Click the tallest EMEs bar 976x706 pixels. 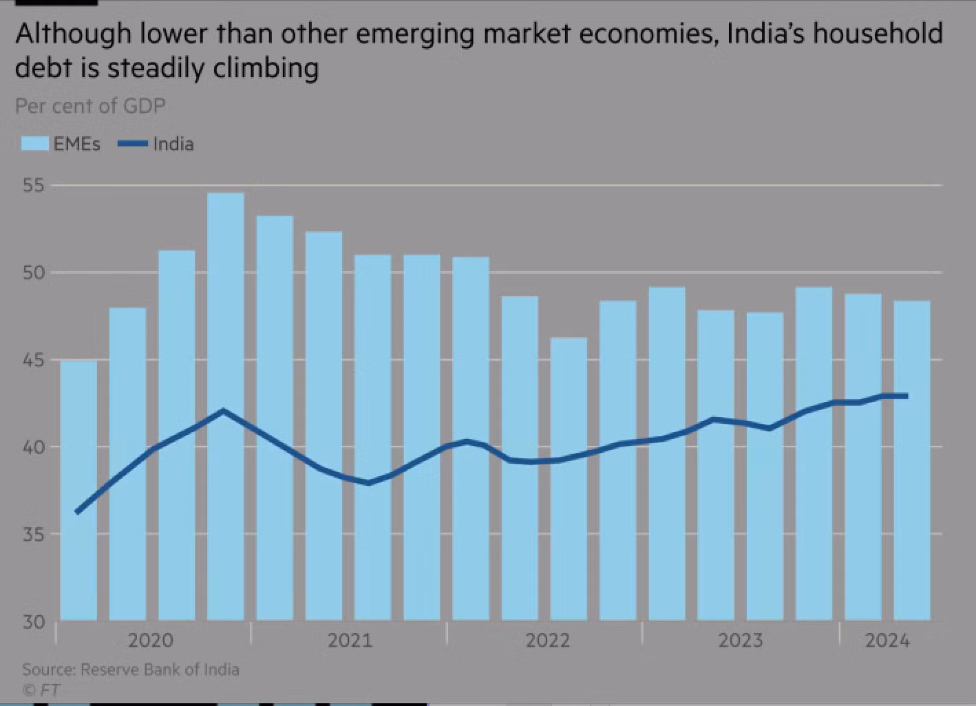226,406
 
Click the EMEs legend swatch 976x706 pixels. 34,144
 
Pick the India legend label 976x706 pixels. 173,144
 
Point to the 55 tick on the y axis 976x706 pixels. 33,186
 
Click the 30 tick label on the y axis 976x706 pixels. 33,622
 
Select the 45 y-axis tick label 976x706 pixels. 33,360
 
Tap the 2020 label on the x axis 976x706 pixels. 151,641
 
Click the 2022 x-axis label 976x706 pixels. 548,641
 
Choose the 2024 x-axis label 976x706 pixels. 887,641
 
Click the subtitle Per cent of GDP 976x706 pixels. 90,106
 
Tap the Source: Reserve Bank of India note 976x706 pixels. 131,670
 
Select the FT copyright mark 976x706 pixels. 41,689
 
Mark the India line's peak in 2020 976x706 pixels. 223,411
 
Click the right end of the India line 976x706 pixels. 906,396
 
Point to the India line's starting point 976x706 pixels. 77,512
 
